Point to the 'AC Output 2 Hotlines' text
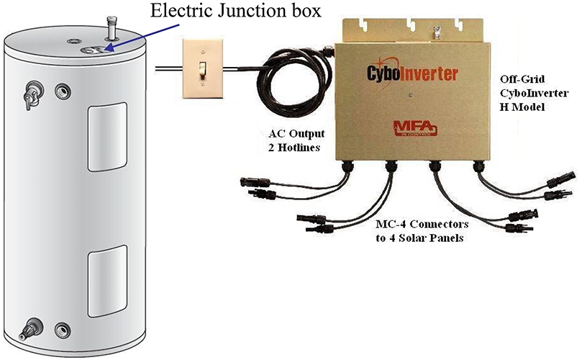(286, 141)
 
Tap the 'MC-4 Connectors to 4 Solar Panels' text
(419, 230)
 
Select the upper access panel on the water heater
(107, 137)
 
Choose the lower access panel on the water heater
(107, 281)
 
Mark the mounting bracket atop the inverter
(414, 30)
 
